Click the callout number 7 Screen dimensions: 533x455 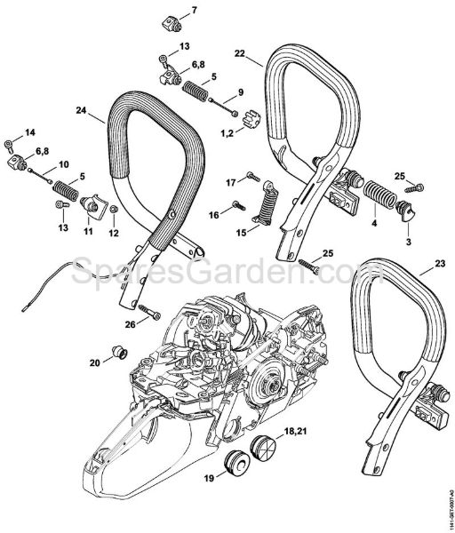[196, 10]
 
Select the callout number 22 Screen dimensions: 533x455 [239, 54]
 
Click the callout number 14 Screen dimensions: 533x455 [30, 132]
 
